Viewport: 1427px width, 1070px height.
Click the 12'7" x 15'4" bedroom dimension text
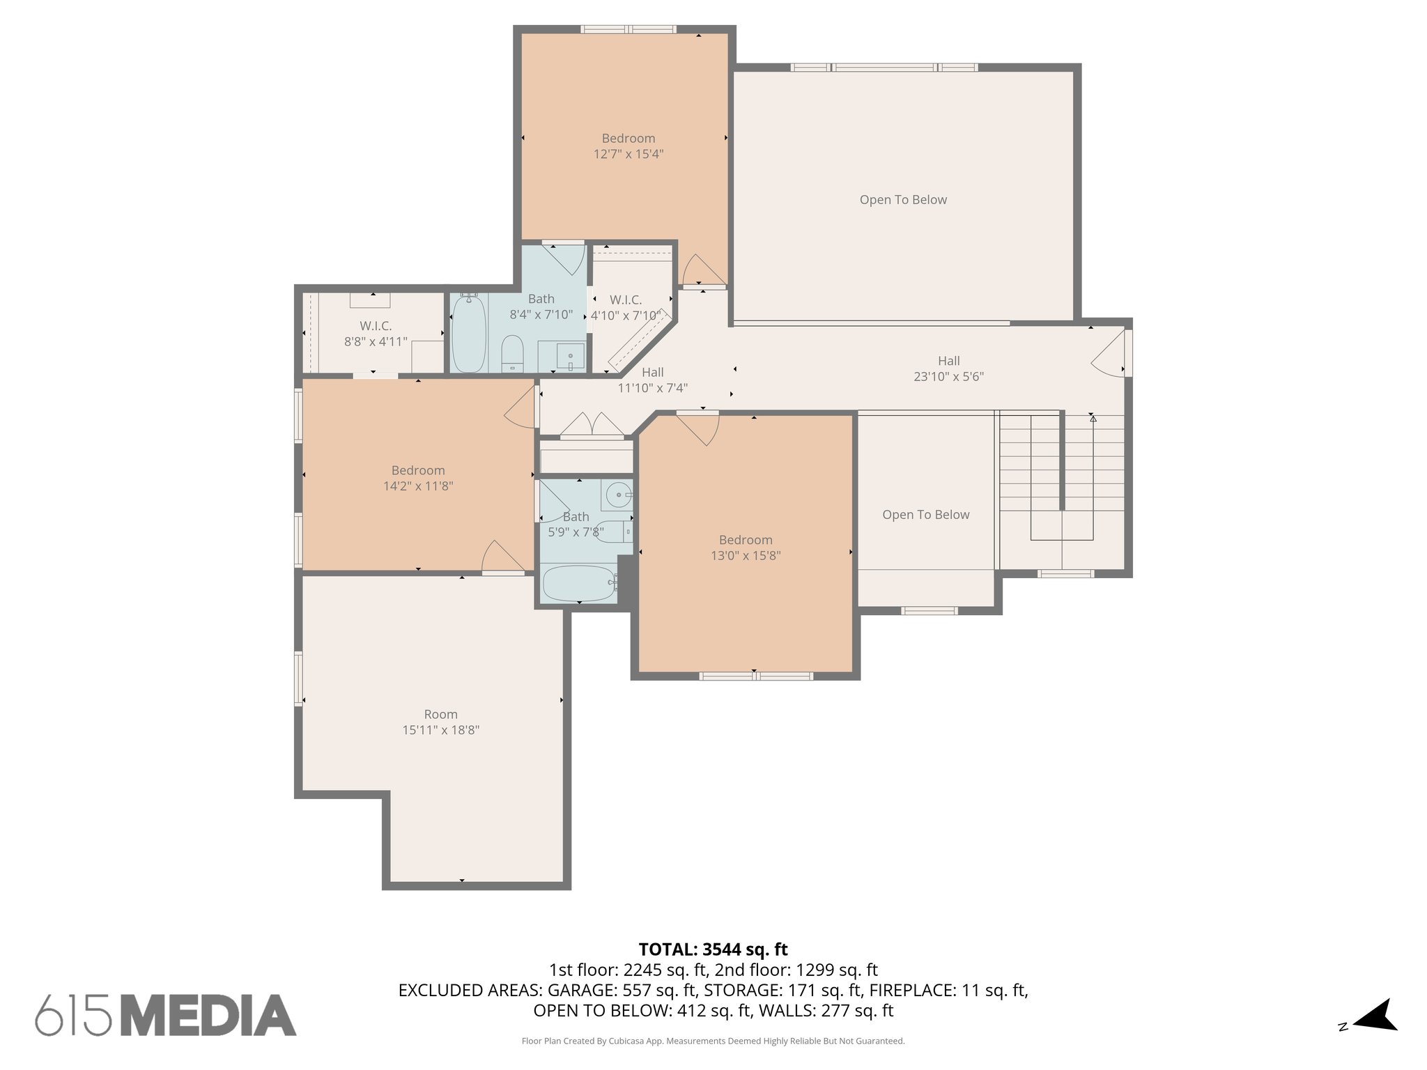[628, 154]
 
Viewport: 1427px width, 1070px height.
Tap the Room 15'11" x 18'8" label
[440, 722]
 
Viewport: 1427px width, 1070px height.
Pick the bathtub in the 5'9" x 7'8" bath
[578, 583]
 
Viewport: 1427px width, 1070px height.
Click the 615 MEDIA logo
[166, 1016]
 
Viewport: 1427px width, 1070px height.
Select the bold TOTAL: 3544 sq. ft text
[713, 949]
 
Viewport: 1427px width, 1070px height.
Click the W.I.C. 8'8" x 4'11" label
[376, 334]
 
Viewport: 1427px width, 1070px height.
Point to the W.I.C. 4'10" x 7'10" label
[625, 307]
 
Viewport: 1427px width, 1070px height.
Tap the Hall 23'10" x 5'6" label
[948, 369]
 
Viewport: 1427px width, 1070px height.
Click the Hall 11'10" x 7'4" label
[652, 380]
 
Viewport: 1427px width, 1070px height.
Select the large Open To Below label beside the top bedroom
[903, 200]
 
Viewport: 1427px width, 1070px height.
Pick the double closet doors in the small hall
[592, 426]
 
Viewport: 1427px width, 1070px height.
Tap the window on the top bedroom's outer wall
[628, 29]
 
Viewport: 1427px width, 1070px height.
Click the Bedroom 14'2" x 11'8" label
[418, 478]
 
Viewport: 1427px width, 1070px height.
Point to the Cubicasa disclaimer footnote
[713, 1041]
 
